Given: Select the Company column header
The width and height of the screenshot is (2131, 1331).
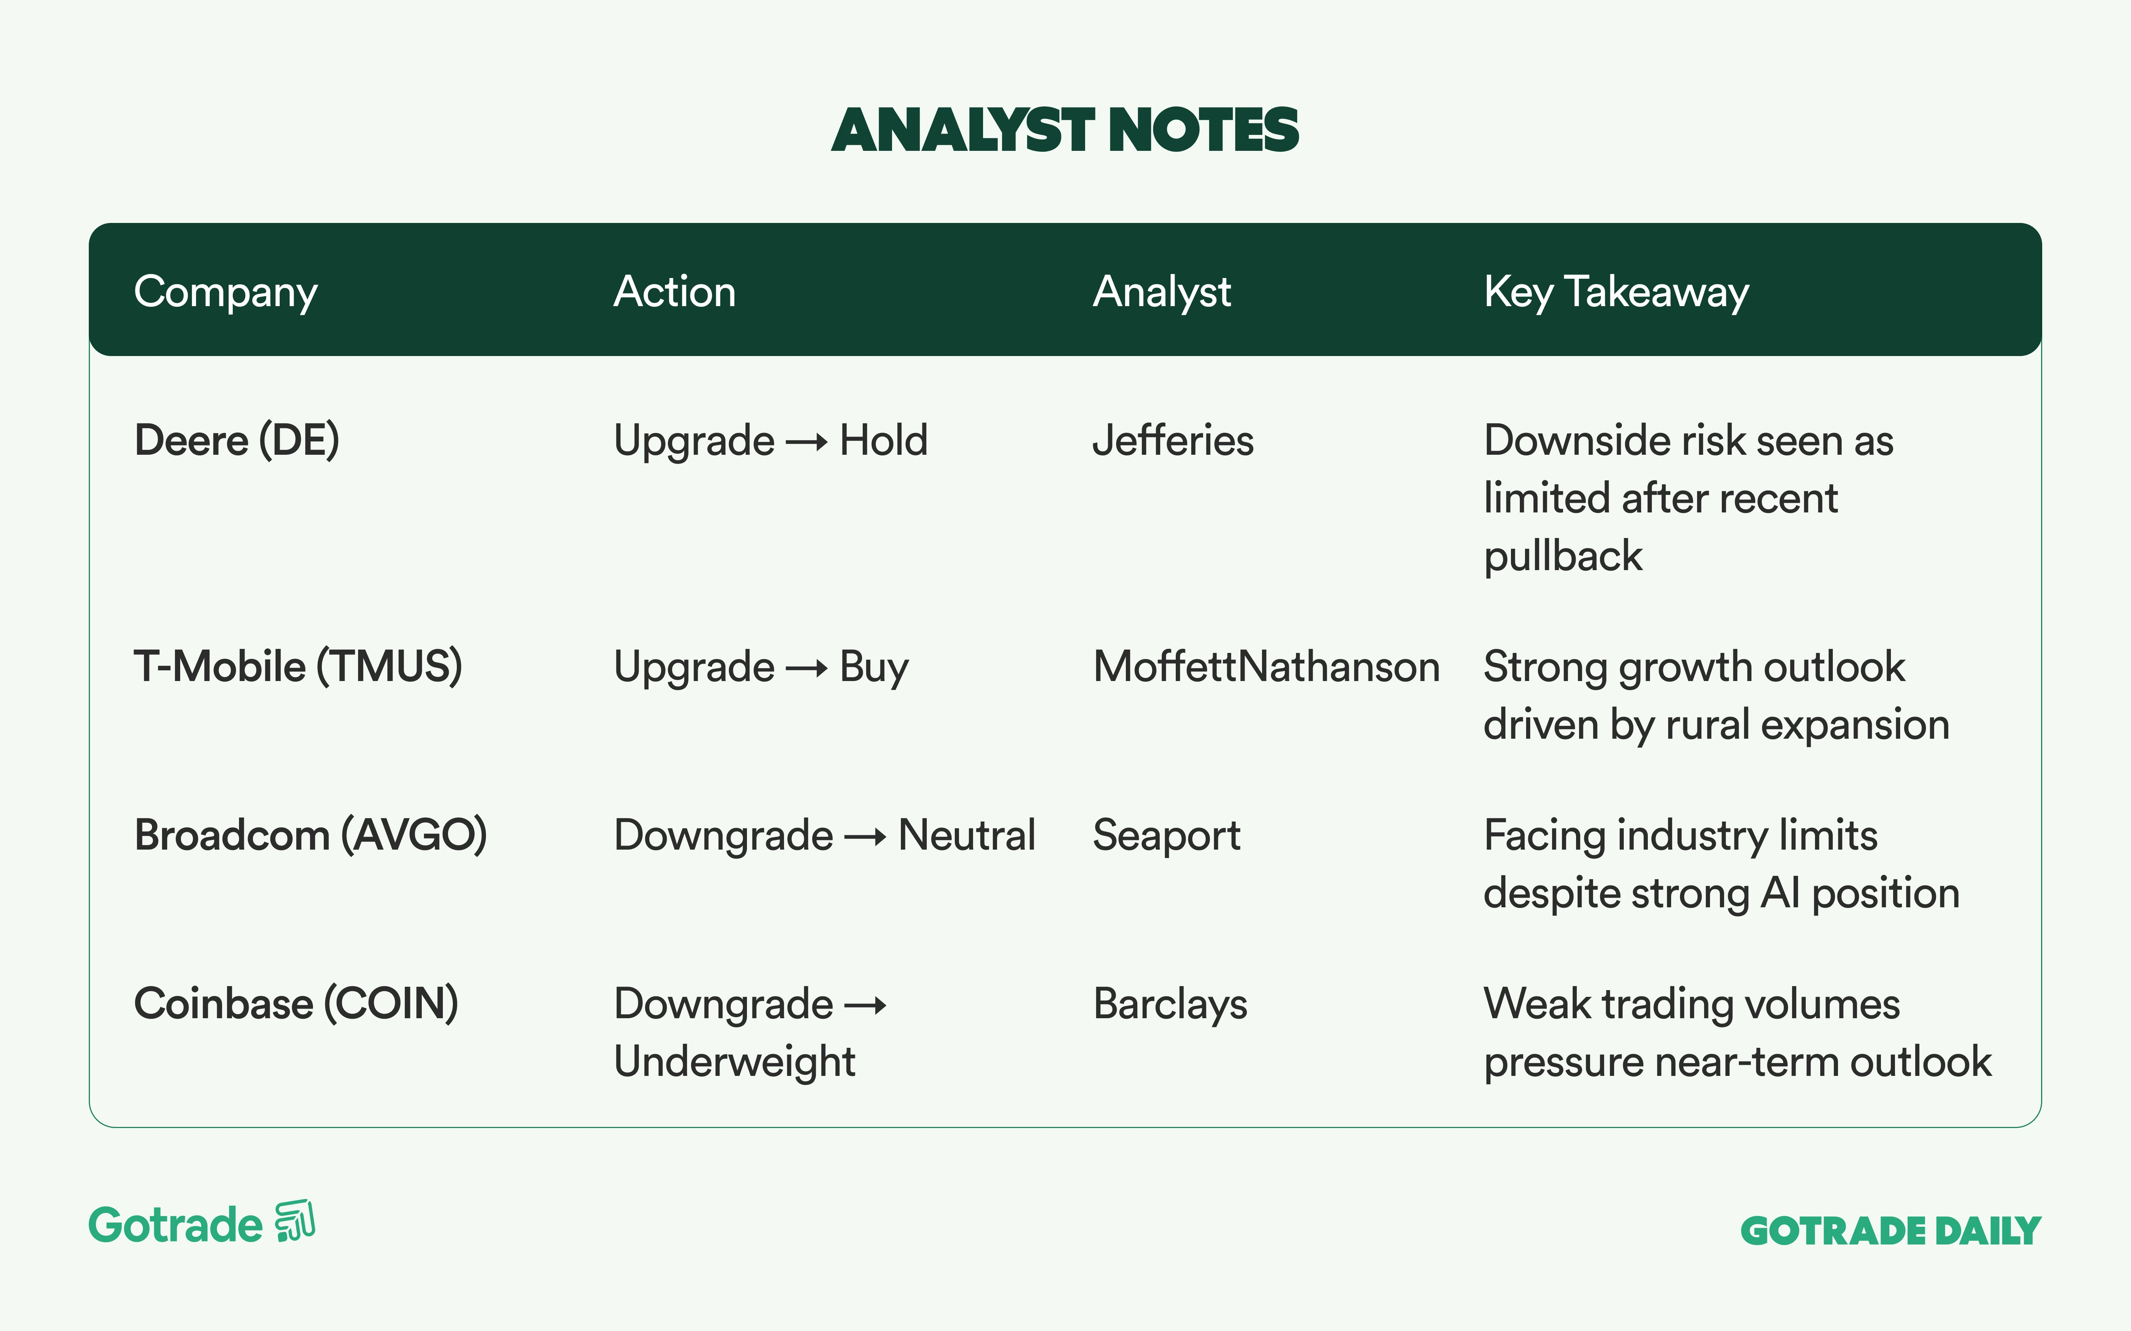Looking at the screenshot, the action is pyautogui.click(x=225, y=292).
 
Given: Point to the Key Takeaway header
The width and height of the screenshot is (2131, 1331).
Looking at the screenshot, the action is pyautogui.click(x=1616, y=292).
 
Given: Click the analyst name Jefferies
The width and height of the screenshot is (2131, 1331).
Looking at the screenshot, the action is pyautogui.click(x=1173, y=440).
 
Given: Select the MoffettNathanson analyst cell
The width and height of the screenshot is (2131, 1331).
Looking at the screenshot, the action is pyautogui.click(x=1266, y=666).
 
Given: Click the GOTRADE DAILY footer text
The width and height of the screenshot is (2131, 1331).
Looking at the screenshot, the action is pyautogui.click(x=1891, y=1231).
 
